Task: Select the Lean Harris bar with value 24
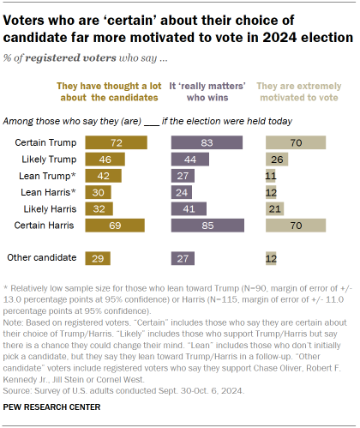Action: click(183, 191)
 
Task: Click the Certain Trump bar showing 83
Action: click(209, 140)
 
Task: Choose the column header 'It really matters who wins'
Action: click(209, 92)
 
